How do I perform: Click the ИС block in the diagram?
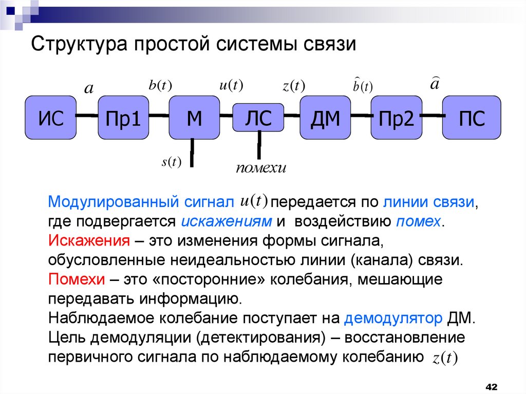point(51,118)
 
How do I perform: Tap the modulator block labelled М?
point(194,118)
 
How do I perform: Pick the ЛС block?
point(259,117)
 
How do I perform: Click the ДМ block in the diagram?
point(325,118)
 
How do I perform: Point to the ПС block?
point(471,118)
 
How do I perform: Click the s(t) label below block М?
point(172,162)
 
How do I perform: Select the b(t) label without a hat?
point(160,86)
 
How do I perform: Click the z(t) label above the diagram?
point(293,86)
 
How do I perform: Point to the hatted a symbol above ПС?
point(434,83)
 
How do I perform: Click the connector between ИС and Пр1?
point(87,117)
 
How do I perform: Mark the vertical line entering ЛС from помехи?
point(259,144)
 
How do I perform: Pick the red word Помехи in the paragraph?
point(74,279)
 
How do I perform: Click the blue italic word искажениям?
point(226,221)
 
